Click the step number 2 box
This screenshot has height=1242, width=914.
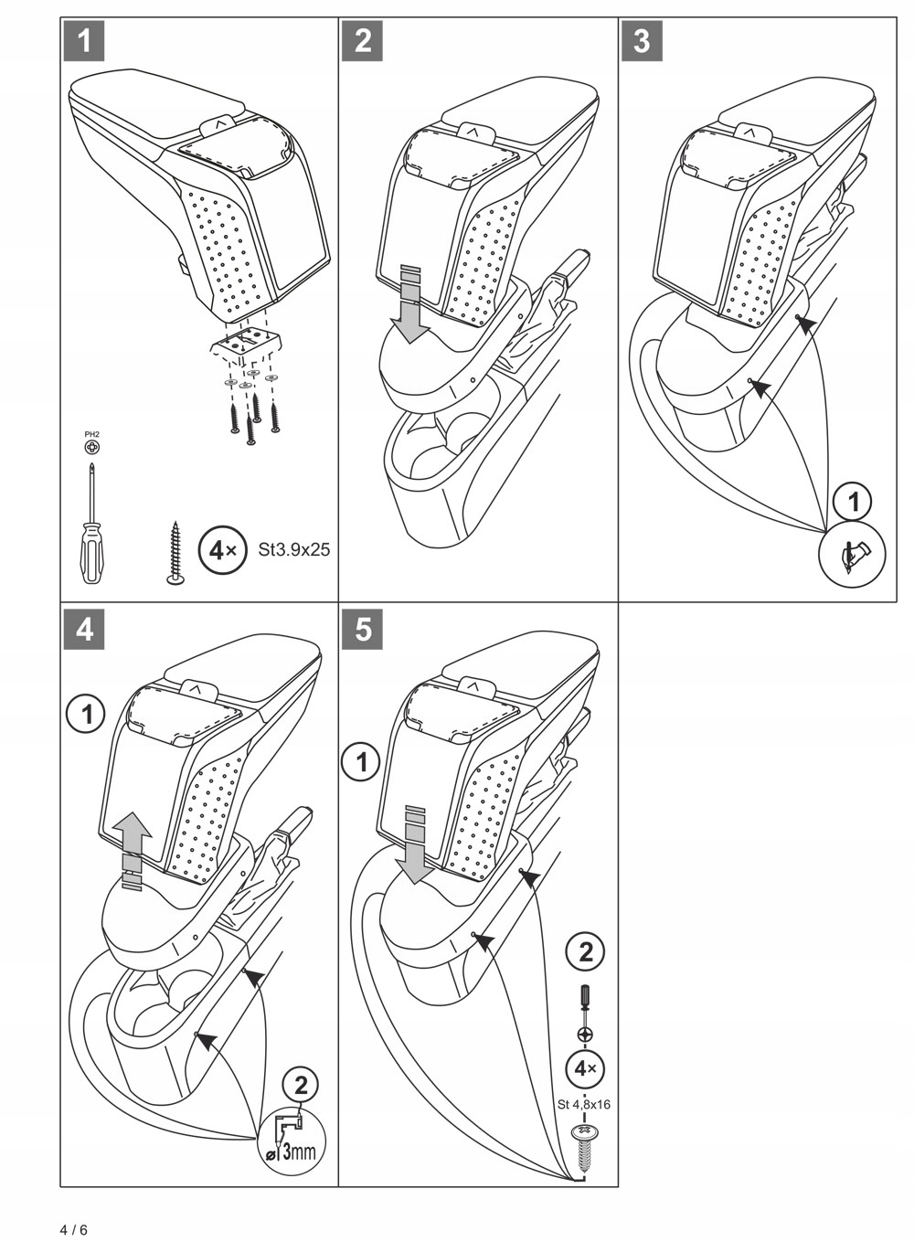(363, 41)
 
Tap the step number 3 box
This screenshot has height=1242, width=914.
(642, 41)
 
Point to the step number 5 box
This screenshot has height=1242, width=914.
(363, 630)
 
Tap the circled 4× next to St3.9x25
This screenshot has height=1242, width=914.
(221, 550)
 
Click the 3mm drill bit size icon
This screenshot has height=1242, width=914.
(292, 1137)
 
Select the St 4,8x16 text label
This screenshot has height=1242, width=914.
(584, 1104)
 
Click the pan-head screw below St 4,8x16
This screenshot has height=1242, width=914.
(584, 1141)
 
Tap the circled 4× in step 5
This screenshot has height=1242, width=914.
(585, 1067)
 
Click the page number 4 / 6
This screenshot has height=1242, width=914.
(74, 1229)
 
